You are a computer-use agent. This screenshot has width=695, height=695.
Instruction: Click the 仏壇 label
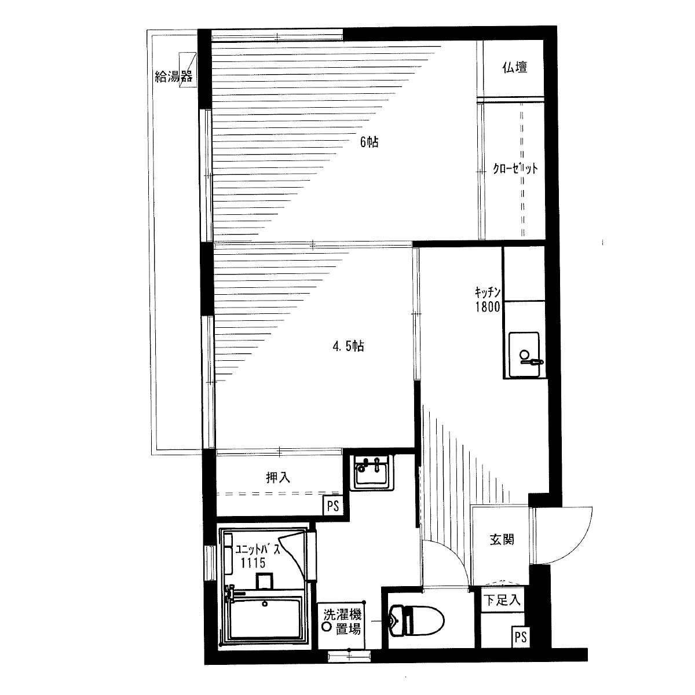(x=515, y=67)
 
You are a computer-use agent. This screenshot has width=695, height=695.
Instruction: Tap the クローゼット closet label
(x=515, y=169)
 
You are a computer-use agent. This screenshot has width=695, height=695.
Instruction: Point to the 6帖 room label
(x=370, y=142)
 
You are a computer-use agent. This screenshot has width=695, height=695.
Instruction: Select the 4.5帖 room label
(x=348, y=346)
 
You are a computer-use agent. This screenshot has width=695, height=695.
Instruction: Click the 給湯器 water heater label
(x=174, y=76)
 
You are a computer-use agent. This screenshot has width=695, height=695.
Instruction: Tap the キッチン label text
(x=488, y=292)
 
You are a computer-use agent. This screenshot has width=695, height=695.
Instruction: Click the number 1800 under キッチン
(x=488, y=307)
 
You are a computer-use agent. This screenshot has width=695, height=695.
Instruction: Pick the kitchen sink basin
(x=524, y=355)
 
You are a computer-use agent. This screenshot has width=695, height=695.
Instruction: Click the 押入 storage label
(x=278, y=478)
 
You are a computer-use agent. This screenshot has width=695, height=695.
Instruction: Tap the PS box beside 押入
(x=333, y=506)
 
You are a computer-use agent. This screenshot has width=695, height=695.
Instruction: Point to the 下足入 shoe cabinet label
(x=502, y=601)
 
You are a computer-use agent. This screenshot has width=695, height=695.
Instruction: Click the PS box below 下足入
(x=521, y=637)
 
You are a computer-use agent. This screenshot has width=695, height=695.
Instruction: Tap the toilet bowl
(x=416, y=621)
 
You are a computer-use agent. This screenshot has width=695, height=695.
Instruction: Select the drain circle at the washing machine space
(x=327, y=627)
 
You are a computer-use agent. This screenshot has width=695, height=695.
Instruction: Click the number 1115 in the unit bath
(x=253, y=562)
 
